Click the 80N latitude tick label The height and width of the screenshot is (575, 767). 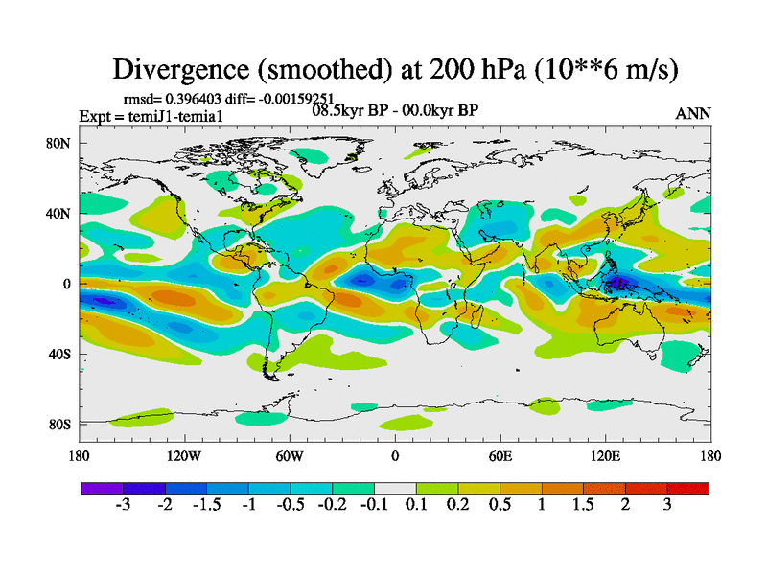[59, 143]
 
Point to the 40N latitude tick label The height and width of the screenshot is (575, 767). [59, 213]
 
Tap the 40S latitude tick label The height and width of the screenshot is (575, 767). [59, 354]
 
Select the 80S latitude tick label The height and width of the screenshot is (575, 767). [59, 424]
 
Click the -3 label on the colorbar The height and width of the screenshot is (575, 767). [123, 505]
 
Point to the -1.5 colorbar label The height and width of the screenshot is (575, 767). [205, 505]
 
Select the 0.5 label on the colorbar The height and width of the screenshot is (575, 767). [500, 505]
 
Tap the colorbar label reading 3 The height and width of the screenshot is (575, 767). [667, 505]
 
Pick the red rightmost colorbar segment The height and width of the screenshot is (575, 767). [687, 488]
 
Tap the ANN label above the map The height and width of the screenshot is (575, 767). [693, 113]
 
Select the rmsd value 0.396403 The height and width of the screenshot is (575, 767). [193, 98]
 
